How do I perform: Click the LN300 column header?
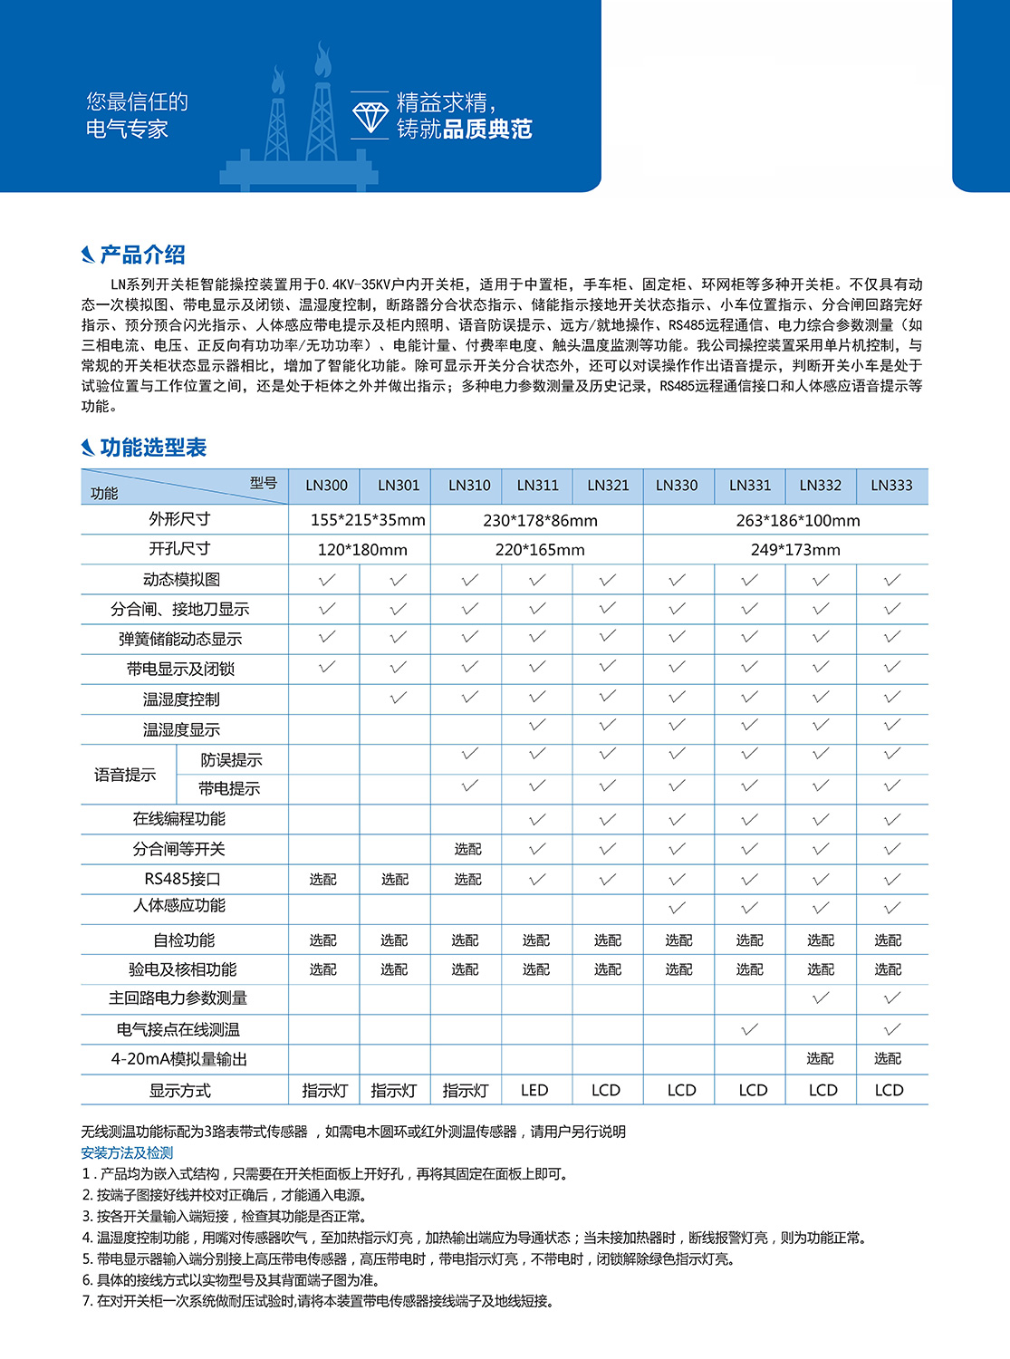pyautogui.click(x=326, y=486)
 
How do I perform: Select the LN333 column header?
pyautogui.click(x=891, y=486)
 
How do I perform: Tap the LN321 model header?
pyautogui.click(x=608, y=486)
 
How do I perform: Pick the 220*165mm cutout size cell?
pyautogui.click(x=540, y=550)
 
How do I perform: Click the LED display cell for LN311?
pyautogui.click(x=534, y=1090)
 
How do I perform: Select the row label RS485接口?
pyautogui.click(x=182, y=879)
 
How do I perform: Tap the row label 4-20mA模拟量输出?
pyautogui.click(x=179, y=1059)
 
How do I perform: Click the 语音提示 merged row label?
pyautogui.click(x=125, y=775)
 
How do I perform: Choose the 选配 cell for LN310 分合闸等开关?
pyautogui.click(x=468, y=849)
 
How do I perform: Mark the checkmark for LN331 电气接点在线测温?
pyautogui.click(x=750, y=1029)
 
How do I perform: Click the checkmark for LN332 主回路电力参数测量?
pyautogui.click(x=821, y=998)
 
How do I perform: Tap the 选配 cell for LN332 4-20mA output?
pyautogui.click(x=821, y=1058)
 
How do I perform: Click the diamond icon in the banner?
pyautogui.click(x=370, y=116)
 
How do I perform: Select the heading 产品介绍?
pyautogui.click(x=142, y=255)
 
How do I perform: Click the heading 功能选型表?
pyautogui.click(x=153, y=448)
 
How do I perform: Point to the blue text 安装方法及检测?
pyautogui.click(x=127, y=1153)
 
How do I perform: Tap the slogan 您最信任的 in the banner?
pyautogui.click(x=138, y=101)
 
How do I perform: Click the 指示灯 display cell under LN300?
pyautogui.click(x=324, y=1091)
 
